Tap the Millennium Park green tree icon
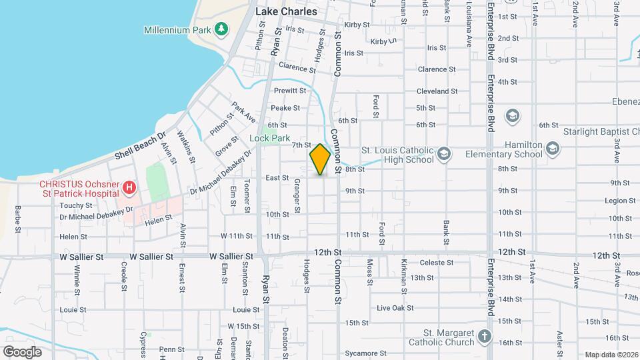pos(221,29)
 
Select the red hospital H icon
pos(129,189)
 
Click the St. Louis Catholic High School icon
pos(443,155)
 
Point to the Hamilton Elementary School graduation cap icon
pos(553,148)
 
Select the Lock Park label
pos(270,139)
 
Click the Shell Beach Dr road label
pos(139,146)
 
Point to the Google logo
pos(23,351)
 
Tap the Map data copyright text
pos(611,355)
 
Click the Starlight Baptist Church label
pos(599,132)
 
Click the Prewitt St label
pos(289,91)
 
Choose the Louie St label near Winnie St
pos(73,309)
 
